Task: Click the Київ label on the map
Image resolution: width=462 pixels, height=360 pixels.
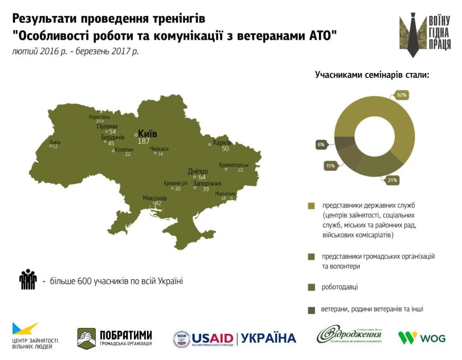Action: (148, 134)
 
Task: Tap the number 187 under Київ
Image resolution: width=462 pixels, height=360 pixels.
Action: (143, 141)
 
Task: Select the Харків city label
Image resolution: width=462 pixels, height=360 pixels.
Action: (222, 143)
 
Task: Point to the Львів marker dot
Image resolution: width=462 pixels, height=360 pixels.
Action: (51, 146)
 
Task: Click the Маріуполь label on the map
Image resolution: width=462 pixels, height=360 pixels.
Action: (226, 194)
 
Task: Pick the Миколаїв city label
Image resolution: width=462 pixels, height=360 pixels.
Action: (154, 198)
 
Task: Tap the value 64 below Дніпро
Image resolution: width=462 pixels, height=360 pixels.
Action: (202, 177)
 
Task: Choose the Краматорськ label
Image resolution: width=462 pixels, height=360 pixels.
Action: (234, 165)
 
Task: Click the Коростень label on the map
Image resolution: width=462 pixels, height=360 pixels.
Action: (99, 117)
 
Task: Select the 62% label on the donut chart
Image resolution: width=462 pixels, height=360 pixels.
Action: (402, 95)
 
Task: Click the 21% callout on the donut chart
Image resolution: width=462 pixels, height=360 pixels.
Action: (392, 180)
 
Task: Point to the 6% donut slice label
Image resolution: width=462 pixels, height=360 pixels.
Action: (321, 145)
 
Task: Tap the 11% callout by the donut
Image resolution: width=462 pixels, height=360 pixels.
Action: (330, 166)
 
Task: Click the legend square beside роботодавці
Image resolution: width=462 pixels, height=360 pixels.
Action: (311, 287)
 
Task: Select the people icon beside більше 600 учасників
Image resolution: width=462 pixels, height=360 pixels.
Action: (28, 279)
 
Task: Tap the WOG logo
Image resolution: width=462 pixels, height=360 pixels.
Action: (421, 337)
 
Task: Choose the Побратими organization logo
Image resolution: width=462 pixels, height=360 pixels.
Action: (115, 338)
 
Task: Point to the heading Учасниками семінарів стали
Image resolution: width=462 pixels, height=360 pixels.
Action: (372, 75)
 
